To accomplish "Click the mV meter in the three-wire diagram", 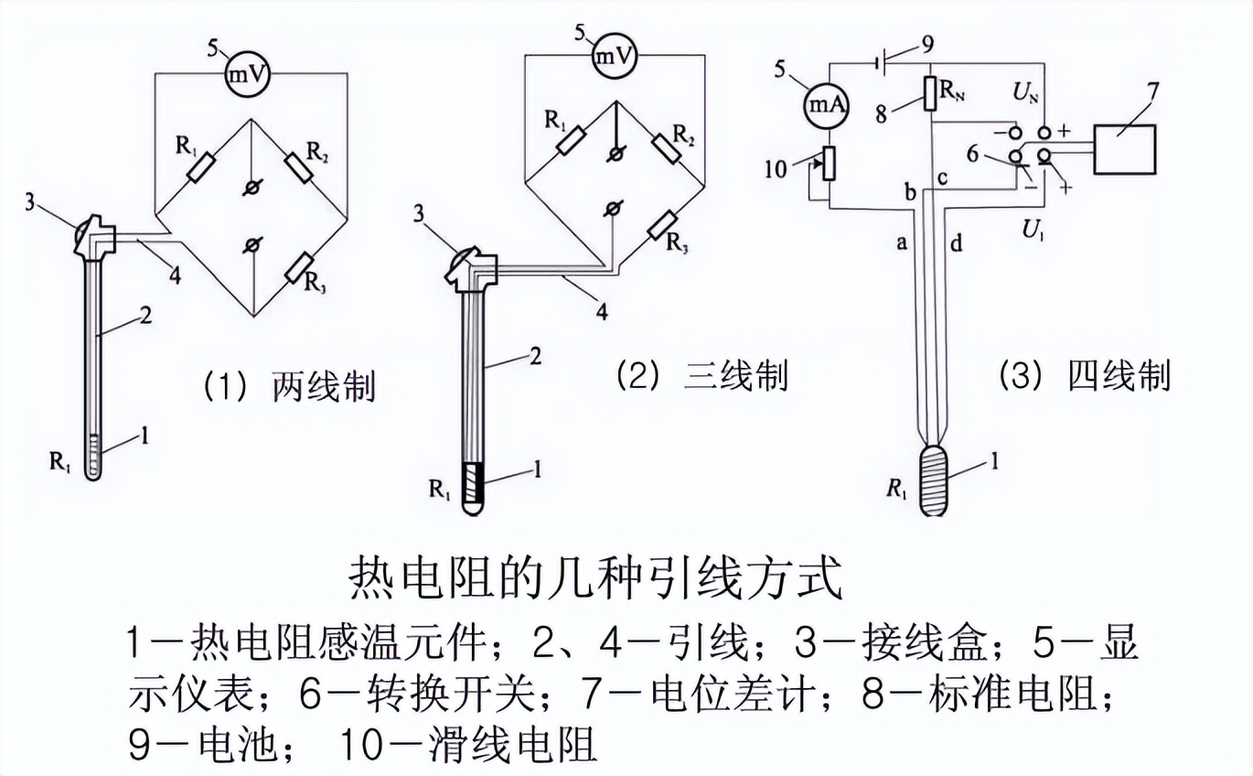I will tap(615, 57).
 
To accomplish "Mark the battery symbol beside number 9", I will tap(881, 64).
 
